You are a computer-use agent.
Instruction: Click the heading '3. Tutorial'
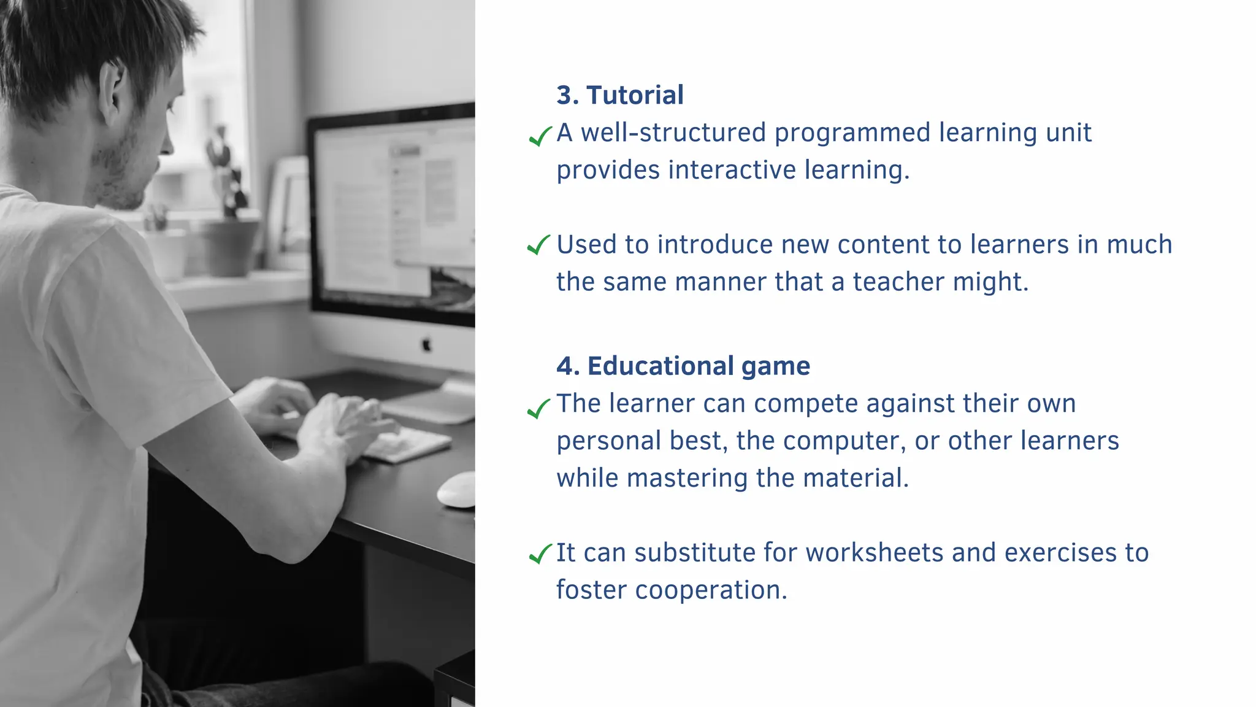pos(619,95)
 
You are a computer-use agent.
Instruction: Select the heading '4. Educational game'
pos(683,366)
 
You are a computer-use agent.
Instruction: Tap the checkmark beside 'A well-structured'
pos(540,136)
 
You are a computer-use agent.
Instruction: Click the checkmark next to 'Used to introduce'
pos(538,245)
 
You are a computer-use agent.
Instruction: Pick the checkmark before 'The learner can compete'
pos(538,408)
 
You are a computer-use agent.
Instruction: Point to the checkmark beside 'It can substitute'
pos(540,554)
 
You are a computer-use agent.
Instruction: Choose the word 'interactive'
pos(732,171)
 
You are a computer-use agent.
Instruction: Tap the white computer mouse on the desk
pos(457,490)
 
